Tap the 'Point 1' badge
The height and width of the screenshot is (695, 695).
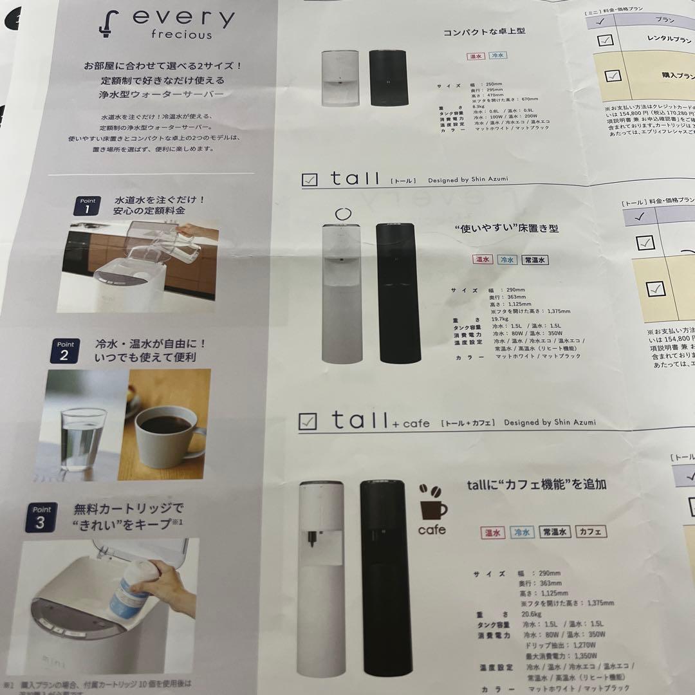(x=87, y=207)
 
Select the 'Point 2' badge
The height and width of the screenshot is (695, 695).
(x=64, y=351)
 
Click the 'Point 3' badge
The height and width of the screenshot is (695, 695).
(x=41, y=517)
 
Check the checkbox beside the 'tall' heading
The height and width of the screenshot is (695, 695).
(x=310, y=181)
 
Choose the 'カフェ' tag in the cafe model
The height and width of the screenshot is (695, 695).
(x=591, y=532)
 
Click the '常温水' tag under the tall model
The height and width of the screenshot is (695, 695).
(x=535, y=260)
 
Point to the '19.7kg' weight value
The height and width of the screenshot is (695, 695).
(x=501, y=318)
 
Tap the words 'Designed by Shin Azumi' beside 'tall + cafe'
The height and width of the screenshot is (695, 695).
(x=550, y=422)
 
